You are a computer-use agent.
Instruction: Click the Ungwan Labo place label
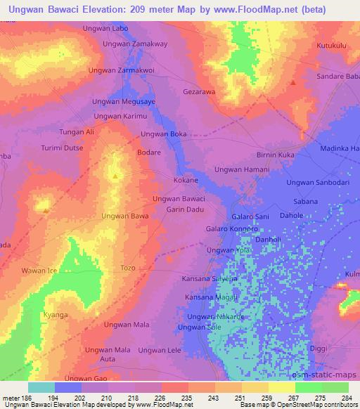pyautogui.click(x=105, y=28)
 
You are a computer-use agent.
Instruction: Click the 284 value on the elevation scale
pyautogui.click(x=344, y=398)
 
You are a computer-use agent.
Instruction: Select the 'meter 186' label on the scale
pyautogui.click(x=15, y=398)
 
